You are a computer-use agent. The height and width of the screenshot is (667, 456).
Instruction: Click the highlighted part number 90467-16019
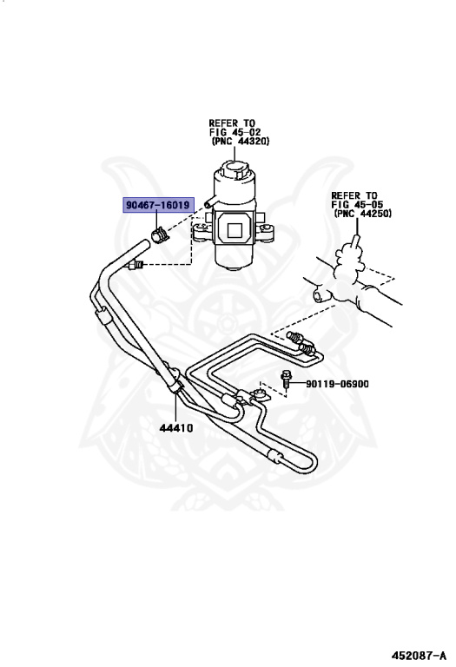click(x=157, y=206)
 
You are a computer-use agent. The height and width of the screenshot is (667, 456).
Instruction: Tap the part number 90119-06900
click(x=337, y=383)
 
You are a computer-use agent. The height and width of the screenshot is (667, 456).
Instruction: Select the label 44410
click(x=175, y=427)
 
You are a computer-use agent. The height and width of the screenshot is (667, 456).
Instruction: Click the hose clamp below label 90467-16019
click(x=160, y=234)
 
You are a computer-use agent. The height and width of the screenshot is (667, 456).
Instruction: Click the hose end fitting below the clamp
click(x=135, y=266)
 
